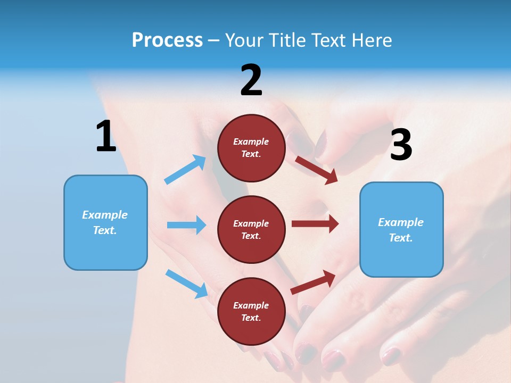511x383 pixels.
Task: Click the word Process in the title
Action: pos(167,40)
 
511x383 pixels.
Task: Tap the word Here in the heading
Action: pos(372,40)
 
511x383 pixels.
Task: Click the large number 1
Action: pos(105,136)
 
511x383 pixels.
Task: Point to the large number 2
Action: pos(251,80)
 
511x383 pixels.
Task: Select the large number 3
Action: pos(401,145)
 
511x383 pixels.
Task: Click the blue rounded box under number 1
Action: pos(105,222)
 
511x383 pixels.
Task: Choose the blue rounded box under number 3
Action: pos(401,229)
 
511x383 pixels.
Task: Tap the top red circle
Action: pos(251,148)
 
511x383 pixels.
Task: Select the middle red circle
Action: pos(251,229)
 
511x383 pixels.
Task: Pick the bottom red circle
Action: pos(251,311)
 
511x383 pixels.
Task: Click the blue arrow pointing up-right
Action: pos(185,170)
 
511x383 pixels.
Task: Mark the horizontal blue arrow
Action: pos(186,225)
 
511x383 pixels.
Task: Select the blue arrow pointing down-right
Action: pos(186,284)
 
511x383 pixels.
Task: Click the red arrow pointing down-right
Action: pos(316,170)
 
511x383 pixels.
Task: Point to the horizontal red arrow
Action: pos(315,224)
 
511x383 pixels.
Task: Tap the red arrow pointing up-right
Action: pos(313,282)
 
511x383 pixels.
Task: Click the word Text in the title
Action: pos(331,40)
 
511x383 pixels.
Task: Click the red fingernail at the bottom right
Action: pos(391,355)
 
